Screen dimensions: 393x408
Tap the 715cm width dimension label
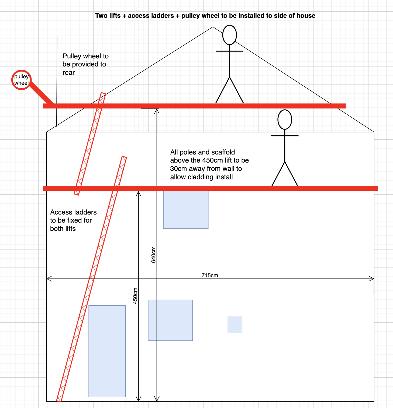(210, 275)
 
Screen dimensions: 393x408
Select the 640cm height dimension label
(153, 255)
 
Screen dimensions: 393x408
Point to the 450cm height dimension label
(135, 296)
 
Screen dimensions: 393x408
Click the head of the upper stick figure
(230, 35)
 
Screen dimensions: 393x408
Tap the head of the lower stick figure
(285, 119)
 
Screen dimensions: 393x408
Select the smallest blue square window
(235, 324)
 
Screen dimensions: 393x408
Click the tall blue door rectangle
(107, 351)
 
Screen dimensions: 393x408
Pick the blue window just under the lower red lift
(186, 210)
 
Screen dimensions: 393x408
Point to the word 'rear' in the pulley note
(69, 73)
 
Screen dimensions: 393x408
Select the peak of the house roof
(213, 27)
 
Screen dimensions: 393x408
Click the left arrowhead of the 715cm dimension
(49, 279)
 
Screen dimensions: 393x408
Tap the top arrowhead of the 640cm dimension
(157, 111)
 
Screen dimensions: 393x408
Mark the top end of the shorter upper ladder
(103, 94)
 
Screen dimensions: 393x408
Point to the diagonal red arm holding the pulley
(41, 93)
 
